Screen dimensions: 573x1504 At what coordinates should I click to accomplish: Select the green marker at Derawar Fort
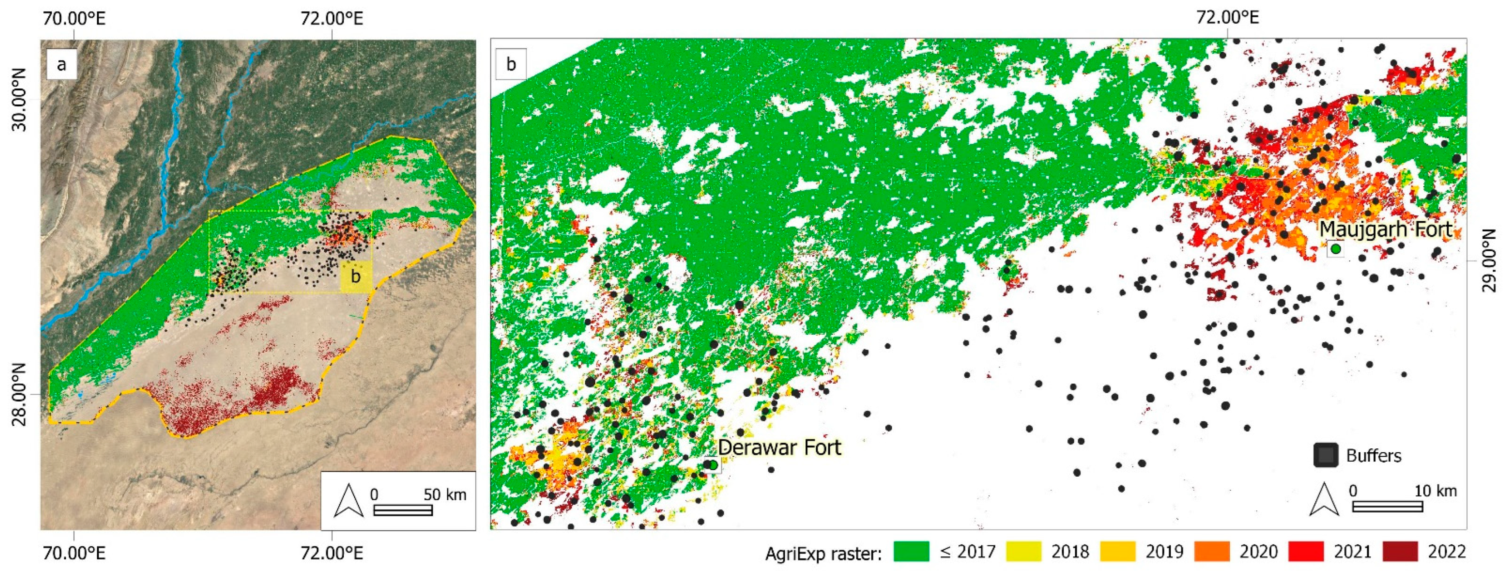713,465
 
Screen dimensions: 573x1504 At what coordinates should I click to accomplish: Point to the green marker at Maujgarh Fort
1335,249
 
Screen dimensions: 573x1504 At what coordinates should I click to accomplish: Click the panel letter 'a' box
61,64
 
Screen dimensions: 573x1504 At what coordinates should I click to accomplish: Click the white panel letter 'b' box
511,64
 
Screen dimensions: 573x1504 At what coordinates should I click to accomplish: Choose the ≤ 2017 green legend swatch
911,552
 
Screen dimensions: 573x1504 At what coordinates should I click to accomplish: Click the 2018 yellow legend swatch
1023,552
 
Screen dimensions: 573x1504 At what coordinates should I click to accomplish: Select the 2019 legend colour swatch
1117,552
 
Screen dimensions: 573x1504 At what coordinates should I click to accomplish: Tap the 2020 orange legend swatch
1212,552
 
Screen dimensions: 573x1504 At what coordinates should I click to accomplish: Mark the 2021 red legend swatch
1306,552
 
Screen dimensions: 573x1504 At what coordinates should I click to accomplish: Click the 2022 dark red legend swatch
1400,552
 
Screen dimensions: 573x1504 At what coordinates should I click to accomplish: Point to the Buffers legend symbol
1325,455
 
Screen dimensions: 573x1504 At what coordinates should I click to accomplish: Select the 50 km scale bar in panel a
403,510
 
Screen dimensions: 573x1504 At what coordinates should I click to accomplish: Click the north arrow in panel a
349,501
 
